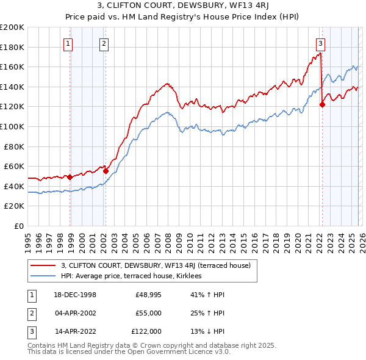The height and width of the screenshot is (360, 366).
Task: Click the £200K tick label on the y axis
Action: tap(12, 27)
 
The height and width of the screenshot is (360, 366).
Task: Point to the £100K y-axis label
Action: tap(12, 127)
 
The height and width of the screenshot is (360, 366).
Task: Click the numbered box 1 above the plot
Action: tap(67, 43)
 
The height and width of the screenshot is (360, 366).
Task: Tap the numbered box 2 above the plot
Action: tap(104, 43)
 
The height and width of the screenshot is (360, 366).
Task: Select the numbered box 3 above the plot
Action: tap(320, 43)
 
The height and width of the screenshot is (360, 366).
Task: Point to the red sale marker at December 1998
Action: tap(70, 178)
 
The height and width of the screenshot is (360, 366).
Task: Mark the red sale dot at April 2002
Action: tap(106, 171)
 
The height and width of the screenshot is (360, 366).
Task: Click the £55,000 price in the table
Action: tap(148, 313)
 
